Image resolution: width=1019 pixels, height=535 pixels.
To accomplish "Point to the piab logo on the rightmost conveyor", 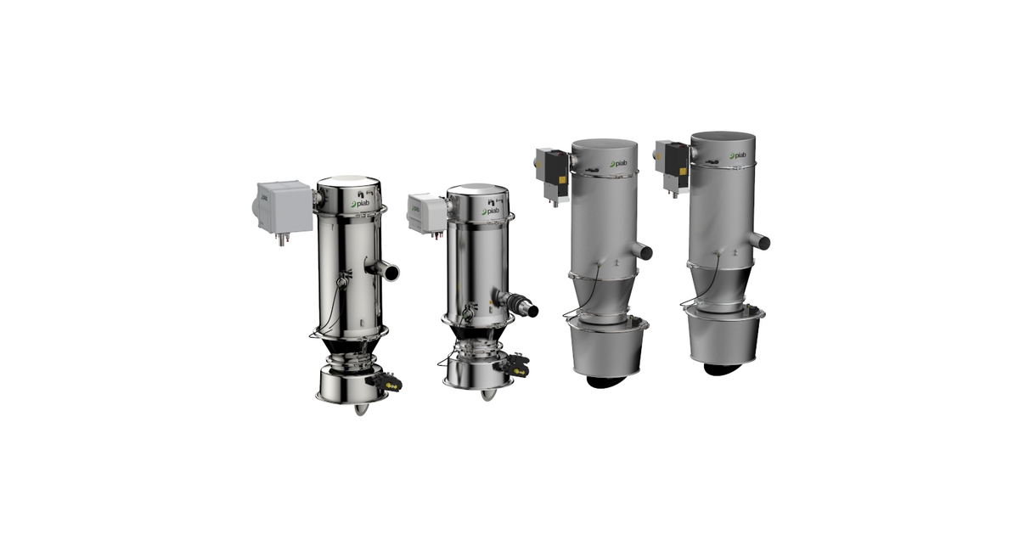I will pyautogui.click(x=735, y=156).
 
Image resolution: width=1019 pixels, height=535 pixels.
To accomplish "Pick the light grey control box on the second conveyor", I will pyautogui.click(x=426, y=211).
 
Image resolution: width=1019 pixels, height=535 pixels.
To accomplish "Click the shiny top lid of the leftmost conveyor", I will pyautogui.click(x=348, y=184).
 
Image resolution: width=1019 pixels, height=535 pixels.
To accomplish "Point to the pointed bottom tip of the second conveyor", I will pyautogui.click(x=485, y=395).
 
